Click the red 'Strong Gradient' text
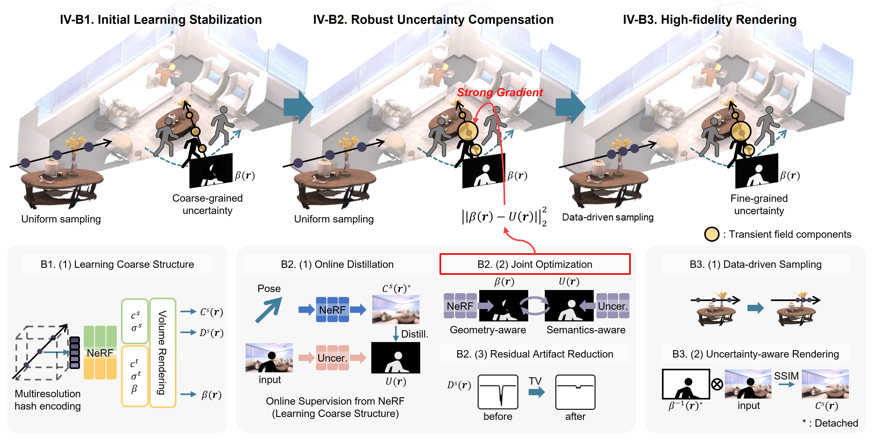coord(500,92)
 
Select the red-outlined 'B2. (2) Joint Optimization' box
coord(535,264)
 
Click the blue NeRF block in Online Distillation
coord(332,310)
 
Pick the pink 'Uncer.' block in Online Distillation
coord(332,358)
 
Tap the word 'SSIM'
coord(786,376)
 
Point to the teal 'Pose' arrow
coord(269,310)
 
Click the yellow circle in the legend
coord(712,234)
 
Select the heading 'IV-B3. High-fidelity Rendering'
coord(710,20)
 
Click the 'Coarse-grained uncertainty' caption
coord(208,204)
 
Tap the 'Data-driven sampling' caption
coord(608,217)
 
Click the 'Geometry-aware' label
coord(488,330)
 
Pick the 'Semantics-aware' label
coord(586,330)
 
